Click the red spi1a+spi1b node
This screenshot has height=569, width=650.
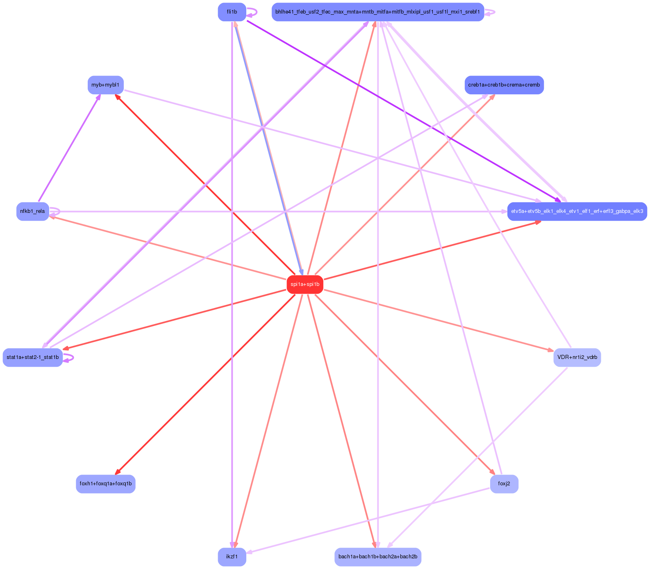[x=305, y=284]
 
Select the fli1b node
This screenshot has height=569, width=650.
[x=232, y=12]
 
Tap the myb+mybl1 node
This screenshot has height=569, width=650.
[x=105, y=85]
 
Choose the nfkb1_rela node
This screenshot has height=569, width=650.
[x=32, y=211]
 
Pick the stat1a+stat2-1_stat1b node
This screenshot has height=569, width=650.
[x=33, y=357]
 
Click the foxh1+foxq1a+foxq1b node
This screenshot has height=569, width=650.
[x=105, y=484]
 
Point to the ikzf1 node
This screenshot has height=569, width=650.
[x=232, y=557]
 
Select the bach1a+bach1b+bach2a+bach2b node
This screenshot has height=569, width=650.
[x=377, y=557]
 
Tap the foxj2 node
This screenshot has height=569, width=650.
[x=504, y=484]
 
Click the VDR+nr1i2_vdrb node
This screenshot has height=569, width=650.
[x=577, y=357]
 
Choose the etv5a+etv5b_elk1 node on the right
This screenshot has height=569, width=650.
[x=577, y=211]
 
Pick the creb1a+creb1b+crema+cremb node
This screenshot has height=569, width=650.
[x=504, y=85]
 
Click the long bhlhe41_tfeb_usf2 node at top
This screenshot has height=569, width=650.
[x=377, y=12]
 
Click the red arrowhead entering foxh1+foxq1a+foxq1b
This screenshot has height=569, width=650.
[x=117, y=473]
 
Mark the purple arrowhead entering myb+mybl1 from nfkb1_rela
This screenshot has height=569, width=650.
[x=98, y=97]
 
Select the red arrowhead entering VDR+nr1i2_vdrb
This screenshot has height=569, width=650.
[x=550, y=350]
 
